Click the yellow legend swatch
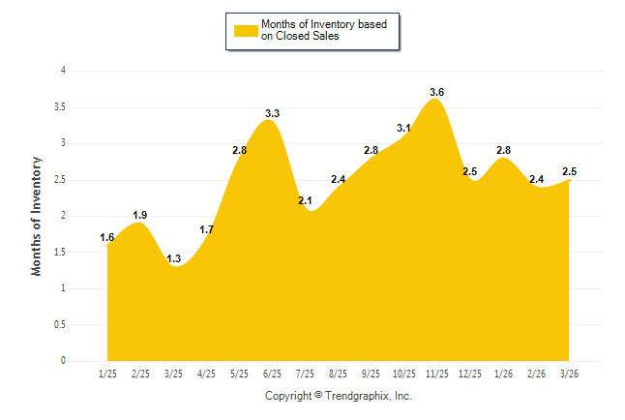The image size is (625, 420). (x=246, y=31)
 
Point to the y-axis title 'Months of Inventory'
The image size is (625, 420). (x=37, y=215)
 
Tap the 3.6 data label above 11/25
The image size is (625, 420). (x=436, y=92)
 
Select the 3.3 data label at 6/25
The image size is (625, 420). (x=272, y=114)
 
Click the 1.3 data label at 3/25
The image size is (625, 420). (x=173, y=259)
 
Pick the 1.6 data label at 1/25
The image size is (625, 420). (x=106, y=237)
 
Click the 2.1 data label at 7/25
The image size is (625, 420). (x=305, y=200)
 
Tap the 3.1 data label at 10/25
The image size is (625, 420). (x=403, y=128)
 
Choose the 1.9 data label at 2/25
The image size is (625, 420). (x=139, y=215)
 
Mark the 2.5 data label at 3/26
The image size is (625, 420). (x=570, y=171)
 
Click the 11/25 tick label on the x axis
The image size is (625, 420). (x=437, y=373)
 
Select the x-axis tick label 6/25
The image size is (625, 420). (x=272, y=373)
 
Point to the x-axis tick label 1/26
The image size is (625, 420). (x=503, y=373)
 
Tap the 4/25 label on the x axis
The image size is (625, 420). (x=206, y=373)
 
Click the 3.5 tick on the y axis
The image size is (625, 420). (x=60, y=106)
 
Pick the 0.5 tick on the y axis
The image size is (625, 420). (x=60, y=324)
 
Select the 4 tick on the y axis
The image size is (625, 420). (x=63, y=71)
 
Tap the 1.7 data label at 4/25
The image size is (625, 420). (x=206, y=229)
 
